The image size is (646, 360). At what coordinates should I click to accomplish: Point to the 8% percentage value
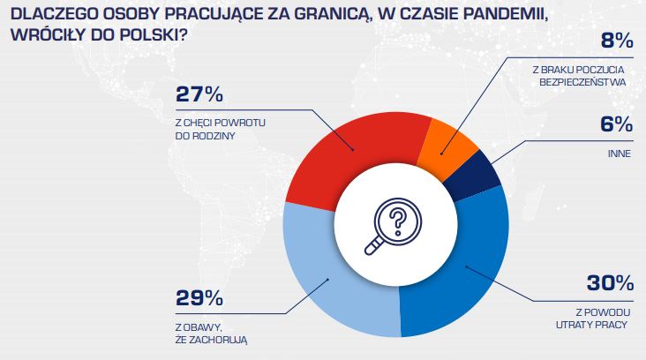point(614,41)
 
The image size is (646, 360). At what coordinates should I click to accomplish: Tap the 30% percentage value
point(610,283)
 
